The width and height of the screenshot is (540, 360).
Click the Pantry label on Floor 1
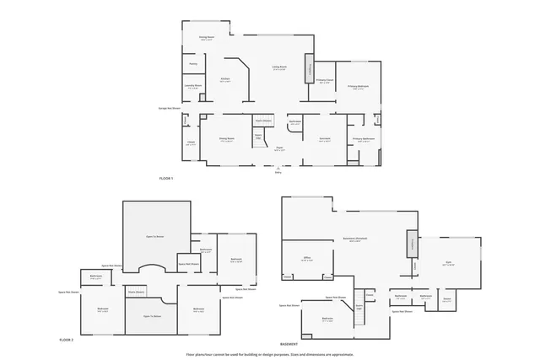coord(193,64)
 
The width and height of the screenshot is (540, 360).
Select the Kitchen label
coord(225,81)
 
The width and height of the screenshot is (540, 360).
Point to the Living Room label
coord(279,68)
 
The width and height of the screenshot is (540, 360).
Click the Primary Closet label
coord(325,83)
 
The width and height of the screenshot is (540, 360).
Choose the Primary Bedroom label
coord(358,87)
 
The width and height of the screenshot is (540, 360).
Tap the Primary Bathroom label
coord(364,140)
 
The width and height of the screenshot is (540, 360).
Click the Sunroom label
coord(324,140)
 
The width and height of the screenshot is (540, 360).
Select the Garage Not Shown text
coord(170,109)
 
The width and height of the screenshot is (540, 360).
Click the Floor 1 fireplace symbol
coord(309,70)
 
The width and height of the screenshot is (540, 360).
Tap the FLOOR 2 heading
coord(67,339)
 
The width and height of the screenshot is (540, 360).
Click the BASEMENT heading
coord(289,345)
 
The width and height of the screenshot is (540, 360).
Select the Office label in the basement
coord(308,260)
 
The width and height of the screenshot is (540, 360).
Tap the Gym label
coord(448,264)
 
